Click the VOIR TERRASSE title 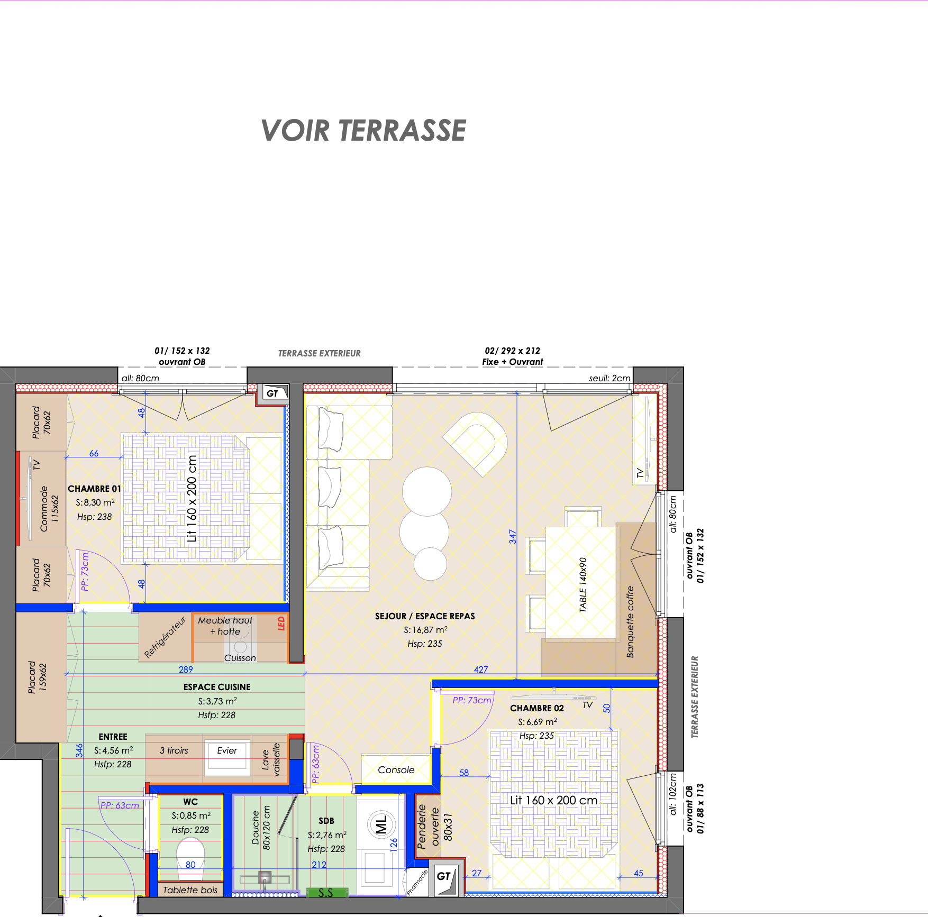pyautogui.click(x=363, y=131)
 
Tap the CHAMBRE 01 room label pyautogui.click(x=94, y=489)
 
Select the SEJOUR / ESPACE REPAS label pyautogui.click(x=425, y=616)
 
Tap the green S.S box pyautogui.click(x=326, y=893)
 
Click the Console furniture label pyautogui.click(x=396, y=770)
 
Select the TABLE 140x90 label pyautogui.click(x=583, y=585)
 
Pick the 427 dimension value pyautogui.click(x=481, y=670)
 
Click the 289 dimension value pyautogui.click(x=186, y=670)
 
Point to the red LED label pyautogui.click(x=281, y=623)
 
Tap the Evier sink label pyautogui.click(x=227, y=750)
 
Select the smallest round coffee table pyautogui.click(x=430, y=564)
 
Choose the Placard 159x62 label pyautogui.click(x=38, y=677)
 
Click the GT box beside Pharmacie pyautogui.click(x=446, y=877)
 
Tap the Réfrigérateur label pyautogui.click(x=165, y=637)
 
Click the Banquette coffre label pyautogui.click(x=630, y=622)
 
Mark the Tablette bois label pyautogui.click(x=190, y=890)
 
